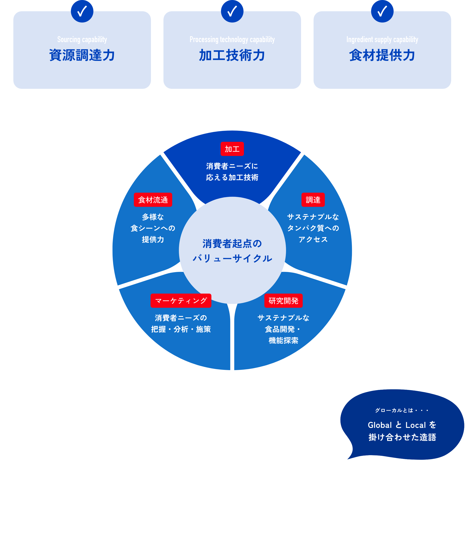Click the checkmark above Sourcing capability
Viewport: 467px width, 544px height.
click(x=82, y=11)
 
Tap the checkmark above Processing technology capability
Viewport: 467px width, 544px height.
click(x=232, y=11)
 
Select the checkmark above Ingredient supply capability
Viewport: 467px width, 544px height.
click(x=382, y=11)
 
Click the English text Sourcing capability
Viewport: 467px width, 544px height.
click(x=82, y=40)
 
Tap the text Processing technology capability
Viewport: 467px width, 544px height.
click(x=232, y=40)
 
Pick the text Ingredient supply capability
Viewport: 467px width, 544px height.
click(x=382, y=40)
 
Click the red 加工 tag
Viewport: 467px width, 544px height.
click(x=232, y=149)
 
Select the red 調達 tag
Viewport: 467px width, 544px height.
click(x=313, y=200)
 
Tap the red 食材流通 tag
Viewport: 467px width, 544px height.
click(x=153, y=200)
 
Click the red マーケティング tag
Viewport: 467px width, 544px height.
click(x=181, y=301)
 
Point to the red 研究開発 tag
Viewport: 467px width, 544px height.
click(x=284, y=301)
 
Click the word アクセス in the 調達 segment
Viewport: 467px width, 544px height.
click(x=313, y=239)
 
